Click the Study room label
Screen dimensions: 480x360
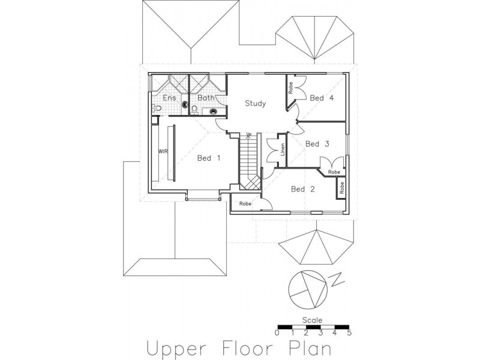(x=256, y=103)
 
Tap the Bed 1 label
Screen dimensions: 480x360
(x=209, y=158)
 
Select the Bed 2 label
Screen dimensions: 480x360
(x=303, y=189)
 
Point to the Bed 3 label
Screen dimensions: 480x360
(x=317, y=143)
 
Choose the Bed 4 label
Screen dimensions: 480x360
(x=322, y=98)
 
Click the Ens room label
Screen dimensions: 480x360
(x=169, y=98)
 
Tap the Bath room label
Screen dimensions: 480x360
(x=206, y=98)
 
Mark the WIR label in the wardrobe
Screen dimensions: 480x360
(x=163, y=151)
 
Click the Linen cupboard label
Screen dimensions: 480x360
(x=283, y=149)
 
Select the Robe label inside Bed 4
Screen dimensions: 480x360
(x=290, y=88)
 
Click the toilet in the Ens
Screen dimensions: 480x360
(x=157, y=108)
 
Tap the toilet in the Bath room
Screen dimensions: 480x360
(x=194, y=109)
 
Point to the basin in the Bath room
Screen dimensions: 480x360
(x=214, y=112)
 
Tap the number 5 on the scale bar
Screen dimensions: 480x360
(x=349, y=333)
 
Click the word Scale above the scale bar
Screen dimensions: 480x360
(x=312, y=320)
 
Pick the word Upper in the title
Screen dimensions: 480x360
(x=176, y=349)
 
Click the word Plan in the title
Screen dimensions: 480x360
(x=310, y=348)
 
